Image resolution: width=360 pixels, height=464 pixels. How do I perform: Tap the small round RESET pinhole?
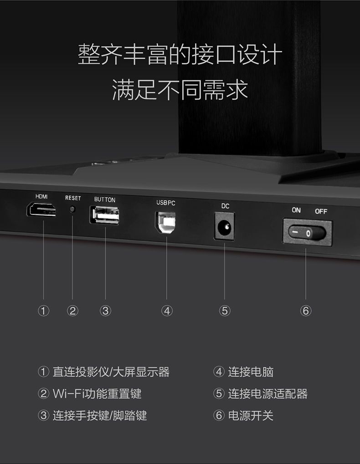pos(72,209)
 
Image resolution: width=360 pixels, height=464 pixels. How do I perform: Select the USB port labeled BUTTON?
pos(104,215)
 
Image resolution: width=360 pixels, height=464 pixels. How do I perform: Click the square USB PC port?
pos(165,222)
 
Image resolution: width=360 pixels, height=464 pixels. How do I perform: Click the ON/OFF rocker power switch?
pos(307,233)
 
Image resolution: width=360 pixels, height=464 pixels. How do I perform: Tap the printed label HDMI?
pos(41,197)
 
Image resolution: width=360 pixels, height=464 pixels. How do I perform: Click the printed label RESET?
pos(73,198)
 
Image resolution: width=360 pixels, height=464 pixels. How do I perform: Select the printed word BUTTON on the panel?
pos(105,200)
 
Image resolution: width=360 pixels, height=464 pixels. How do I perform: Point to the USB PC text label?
pos(166,203)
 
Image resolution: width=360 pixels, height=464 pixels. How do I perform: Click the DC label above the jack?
pos(225,206)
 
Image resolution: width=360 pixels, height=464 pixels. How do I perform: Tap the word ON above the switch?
pos(296,210)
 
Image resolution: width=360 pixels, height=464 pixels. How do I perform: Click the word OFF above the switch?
pos(321,211)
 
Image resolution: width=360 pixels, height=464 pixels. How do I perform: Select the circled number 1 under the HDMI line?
pos(44,311)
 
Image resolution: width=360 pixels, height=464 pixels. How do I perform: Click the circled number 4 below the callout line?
pos(167,311)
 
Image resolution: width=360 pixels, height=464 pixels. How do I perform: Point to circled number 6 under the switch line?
pos(306,311)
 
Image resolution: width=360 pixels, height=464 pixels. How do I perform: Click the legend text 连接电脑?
pos(251,372)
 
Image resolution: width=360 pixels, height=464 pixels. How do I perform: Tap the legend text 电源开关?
pos(251,415)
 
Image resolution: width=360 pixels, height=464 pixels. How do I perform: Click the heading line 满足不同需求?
pos(180,89)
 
